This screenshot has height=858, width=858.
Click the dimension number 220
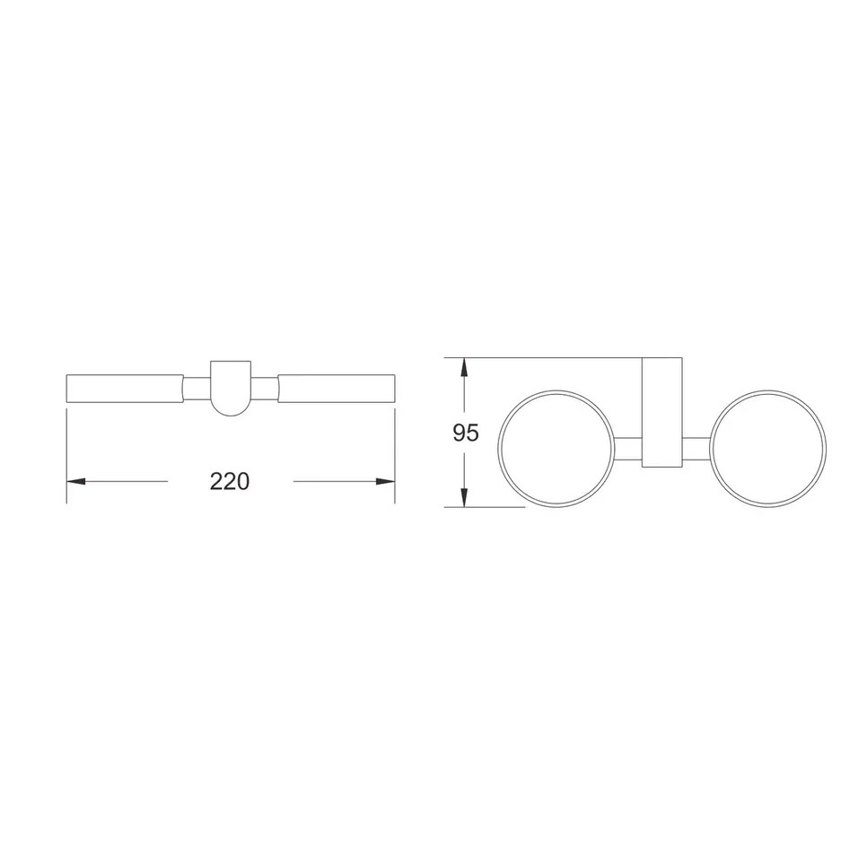point(229,481)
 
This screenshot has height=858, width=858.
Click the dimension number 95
point(466,433)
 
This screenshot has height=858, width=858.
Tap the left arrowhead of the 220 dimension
point(76,482)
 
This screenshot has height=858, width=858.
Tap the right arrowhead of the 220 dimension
point(385,482)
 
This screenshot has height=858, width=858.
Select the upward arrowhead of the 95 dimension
point(464,367)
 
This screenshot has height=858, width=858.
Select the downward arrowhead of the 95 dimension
point(464,497)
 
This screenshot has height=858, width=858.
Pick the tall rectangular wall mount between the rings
point(662,413)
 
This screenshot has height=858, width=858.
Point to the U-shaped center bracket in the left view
point(231,388)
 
